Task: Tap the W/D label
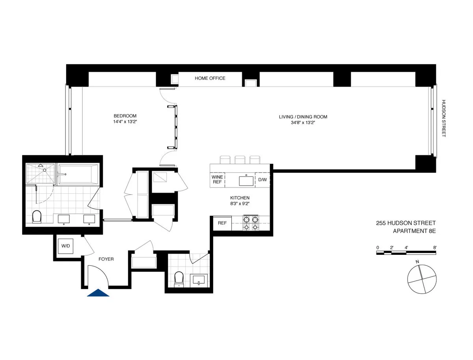click(x=65, y=246)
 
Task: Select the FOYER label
click(x=106, y=259)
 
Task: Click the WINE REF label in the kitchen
click(x=217, y=180)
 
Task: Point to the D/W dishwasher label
click(x=263, y=180)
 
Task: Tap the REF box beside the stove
click(x=222, y=223)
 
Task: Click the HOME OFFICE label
click(x=210, y=78)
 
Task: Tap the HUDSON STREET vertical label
click(x=443, y=118)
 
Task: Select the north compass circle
click(x=422, y=278)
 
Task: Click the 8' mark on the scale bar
click(x=435, y=248)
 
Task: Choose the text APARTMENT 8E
click(x=414, y=231)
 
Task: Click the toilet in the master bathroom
click(x=37, y=217)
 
